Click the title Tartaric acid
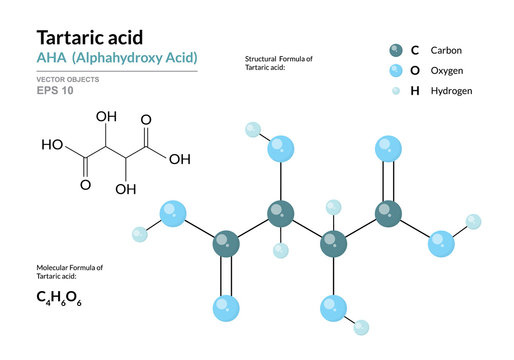point(89,37)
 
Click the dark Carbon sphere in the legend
point(398,49)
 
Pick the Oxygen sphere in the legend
point(398,70)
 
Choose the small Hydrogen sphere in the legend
point(398,91)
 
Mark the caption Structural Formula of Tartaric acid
point(279,64)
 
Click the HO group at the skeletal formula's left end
point(52,145)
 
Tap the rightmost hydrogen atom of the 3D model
point(474,221)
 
